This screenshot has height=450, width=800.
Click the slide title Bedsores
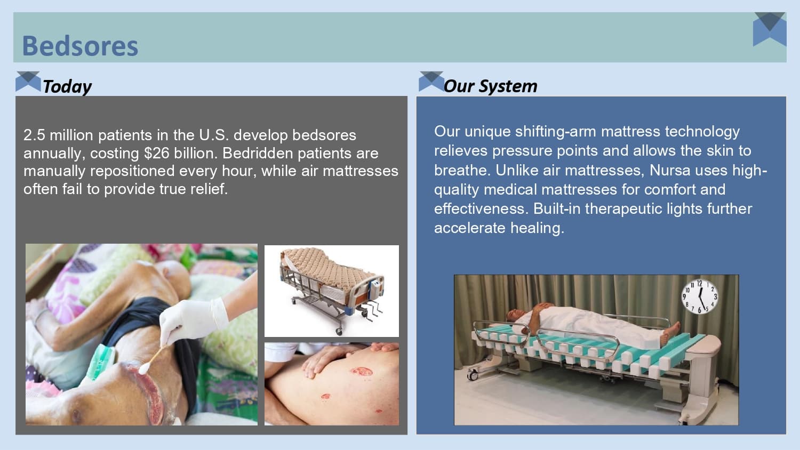[x=80, y=46]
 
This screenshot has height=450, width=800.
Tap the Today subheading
[x=67, y=86]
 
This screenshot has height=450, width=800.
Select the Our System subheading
[x=490, y=86]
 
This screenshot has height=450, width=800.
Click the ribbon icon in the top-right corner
[x=770, y=29]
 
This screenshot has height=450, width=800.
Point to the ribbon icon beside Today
[x=28, y=81]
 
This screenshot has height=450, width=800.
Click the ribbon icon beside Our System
[x=431, y=81]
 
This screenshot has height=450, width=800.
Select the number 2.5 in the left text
[x=34, y=135]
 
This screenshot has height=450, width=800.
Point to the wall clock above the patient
[x=700, y=296]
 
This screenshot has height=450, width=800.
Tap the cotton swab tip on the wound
[x=143, y=367]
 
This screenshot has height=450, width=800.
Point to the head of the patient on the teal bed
[x=513, y=315]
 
